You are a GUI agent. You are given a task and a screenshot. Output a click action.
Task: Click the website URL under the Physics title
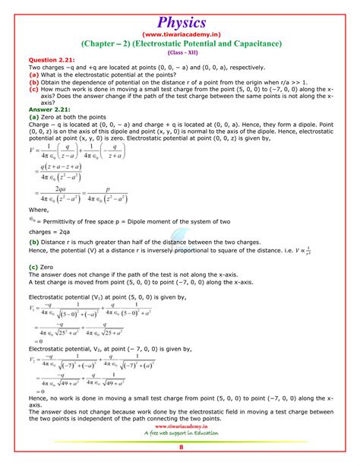[179, 34]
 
